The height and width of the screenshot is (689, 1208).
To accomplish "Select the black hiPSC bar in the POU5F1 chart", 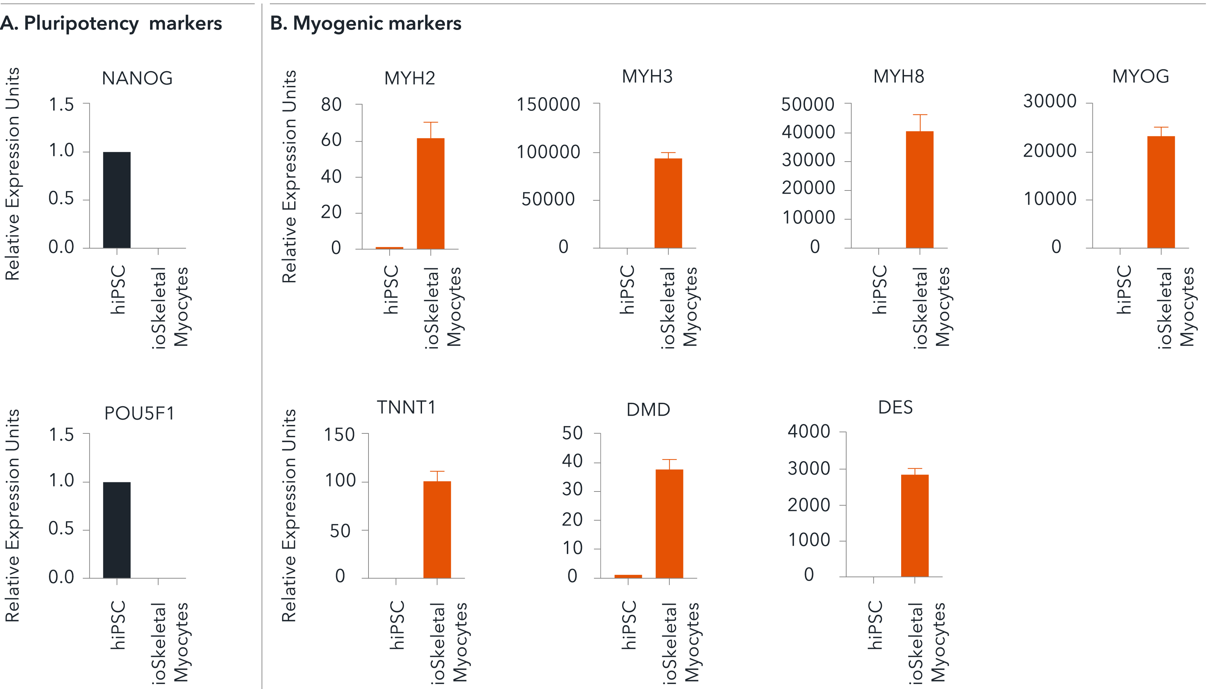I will (x=117, y=530).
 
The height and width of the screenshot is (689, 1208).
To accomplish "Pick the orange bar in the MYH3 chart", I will (x=668, y=203).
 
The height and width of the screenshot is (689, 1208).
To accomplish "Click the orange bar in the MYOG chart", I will (x=1161, y=192).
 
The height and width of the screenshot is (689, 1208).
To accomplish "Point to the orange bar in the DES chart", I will (x=915, y=525).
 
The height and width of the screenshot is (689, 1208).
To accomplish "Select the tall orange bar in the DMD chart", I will (x=669, y=524).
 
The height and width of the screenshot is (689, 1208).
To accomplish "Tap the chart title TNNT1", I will (x=406, y=407).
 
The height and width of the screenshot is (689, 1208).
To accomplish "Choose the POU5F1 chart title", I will (x=139, y=413).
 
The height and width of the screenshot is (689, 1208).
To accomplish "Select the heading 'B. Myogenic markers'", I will (x=365, y=23).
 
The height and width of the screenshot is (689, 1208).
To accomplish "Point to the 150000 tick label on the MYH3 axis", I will (x=548, y=104).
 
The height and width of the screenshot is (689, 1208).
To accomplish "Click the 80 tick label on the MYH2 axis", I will (x=332, y=104).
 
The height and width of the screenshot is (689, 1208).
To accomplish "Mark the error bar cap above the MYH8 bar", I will (x=920, y=115).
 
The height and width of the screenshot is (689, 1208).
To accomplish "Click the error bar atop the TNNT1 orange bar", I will (x=437, y=472).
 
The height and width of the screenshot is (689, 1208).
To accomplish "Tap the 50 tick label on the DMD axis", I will (x=572, y=433).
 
